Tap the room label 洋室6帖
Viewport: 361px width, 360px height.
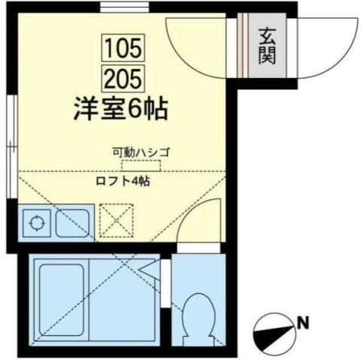click(x=120, y=110)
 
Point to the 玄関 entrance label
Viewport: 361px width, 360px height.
click(x=267, y=46)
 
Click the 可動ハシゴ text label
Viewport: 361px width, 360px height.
click(x=141, y=152)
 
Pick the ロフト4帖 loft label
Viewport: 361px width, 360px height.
click(x=123, y=181)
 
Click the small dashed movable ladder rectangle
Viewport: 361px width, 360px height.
click(x=141, y=165)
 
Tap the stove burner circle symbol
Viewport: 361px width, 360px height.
click(x=37, y=222)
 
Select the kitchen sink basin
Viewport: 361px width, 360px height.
click(x=73, y=223)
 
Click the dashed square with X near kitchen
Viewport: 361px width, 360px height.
click(x=116, y=220)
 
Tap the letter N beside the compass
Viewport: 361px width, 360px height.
click(x=303, y=323)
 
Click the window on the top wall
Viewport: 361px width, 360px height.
click(x=125, y=7)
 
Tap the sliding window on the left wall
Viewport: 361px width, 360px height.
click(x=11, y=147)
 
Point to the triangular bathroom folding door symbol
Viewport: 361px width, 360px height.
click(x=150, y=269)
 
